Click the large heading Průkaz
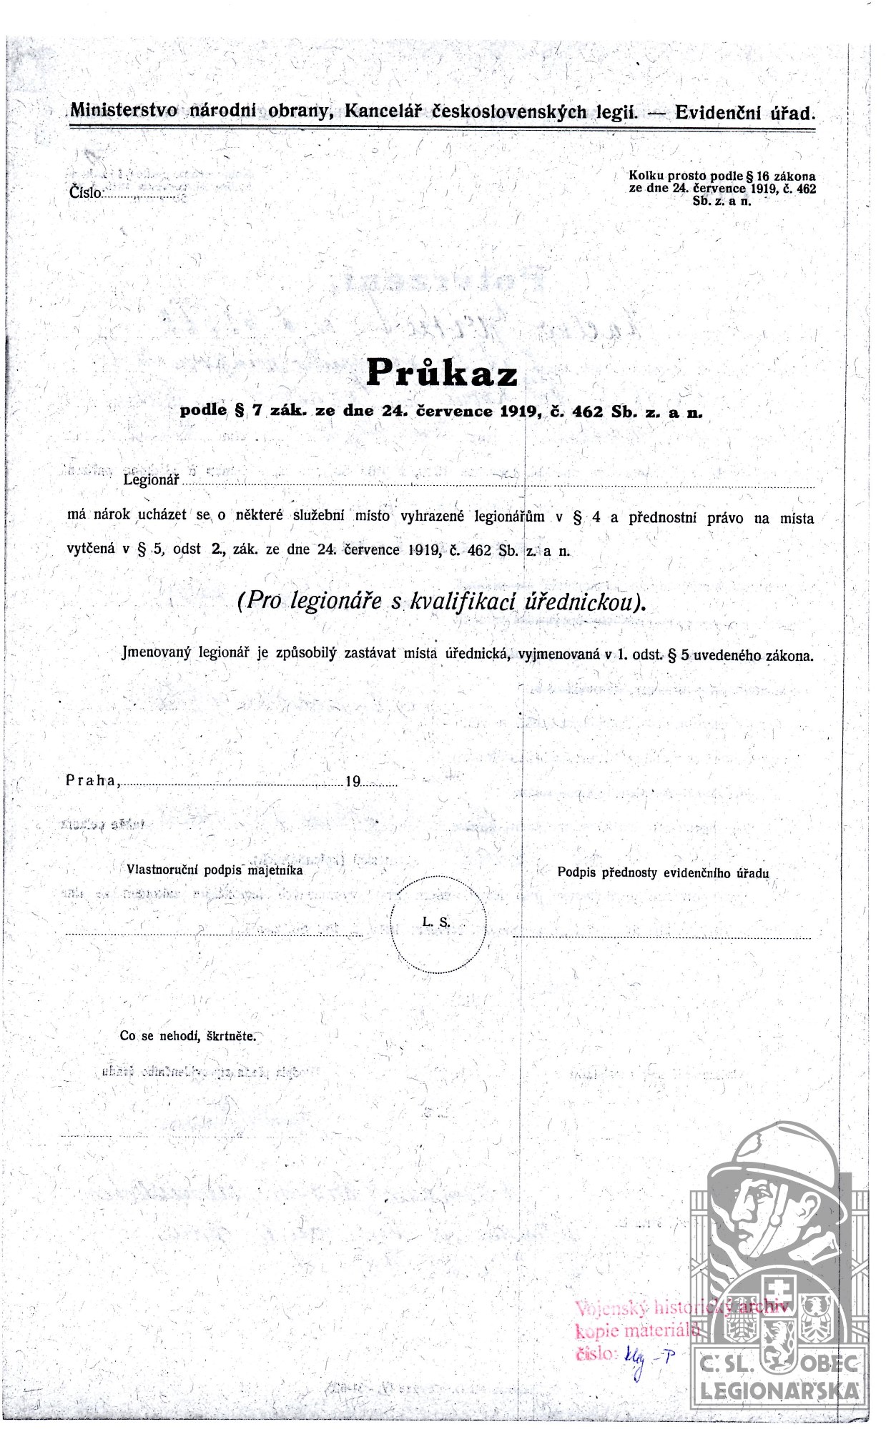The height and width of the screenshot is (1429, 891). click(441, 372)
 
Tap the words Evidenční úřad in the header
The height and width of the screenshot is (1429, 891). click(744, 112)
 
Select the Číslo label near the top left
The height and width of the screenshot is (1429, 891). click(86, 191)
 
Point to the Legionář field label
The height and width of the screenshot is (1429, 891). click(151, 479)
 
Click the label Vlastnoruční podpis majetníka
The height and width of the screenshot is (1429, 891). click(215, 870)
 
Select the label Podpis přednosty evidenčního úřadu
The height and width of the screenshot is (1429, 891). click(663, 872)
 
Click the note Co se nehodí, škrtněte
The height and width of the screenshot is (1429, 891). click(187, 1035)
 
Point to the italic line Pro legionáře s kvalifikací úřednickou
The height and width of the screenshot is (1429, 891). click(441, 602)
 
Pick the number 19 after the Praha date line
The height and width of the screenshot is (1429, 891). click(353, 781)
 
